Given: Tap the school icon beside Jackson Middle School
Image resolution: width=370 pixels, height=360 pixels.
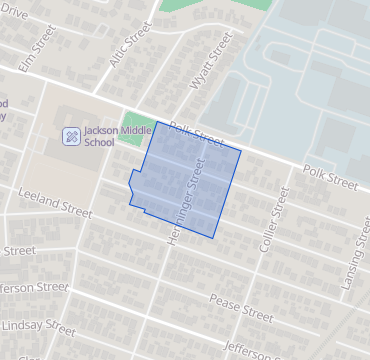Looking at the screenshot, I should click(x=71, y=136).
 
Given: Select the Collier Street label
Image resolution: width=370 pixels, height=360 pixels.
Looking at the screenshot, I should click(x=269, y=219).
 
